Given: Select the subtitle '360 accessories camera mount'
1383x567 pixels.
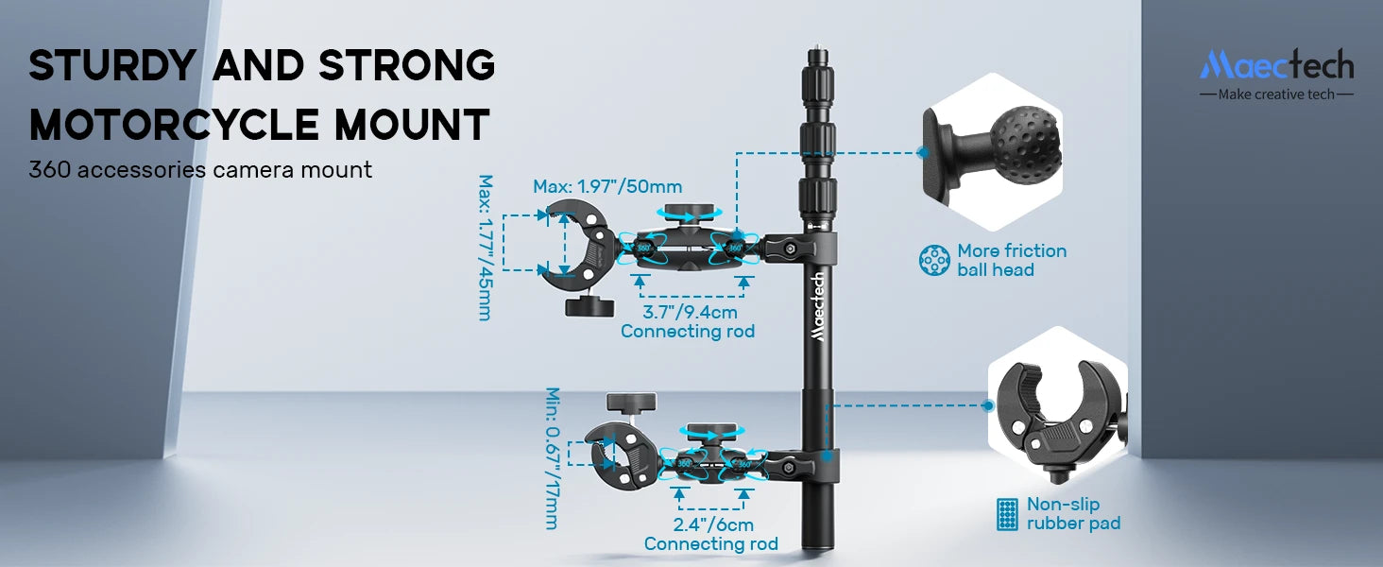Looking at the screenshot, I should [200, 170].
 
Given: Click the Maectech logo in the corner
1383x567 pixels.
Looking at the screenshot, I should [1276, 65].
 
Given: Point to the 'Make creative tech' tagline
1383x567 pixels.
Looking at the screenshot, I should [1276, 94].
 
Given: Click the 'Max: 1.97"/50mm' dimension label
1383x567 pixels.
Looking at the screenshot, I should [607, 186].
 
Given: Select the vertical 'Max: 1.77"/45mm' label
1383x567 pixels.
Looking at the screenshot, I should [486, 248].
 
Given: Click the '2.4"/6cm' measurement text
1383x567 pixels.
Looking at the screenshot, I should [712, 524].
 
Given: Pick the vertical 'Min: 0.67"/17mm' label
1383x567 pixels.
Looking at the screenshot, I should [553, 457].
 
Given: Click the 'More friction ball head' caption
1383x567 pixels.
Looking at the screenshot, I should [1011, 260].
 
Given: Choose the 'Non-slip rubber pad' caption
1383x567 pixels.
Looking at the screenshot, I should [1073, 513].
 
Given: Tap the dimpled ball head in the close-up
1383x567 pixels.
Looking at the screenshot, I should [1026, 145].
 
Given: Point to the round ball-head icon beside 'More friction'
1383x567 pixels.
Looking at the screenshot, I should [934, 260].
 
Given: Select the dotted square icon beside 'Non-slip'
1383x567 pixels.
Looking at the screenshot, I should [1007, 514].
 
